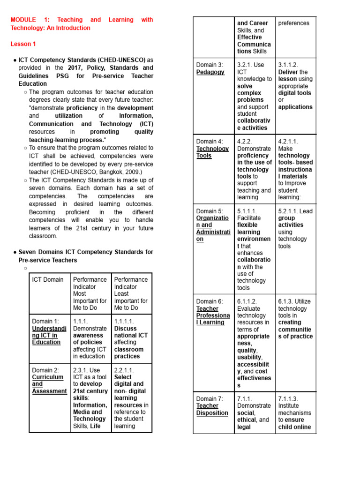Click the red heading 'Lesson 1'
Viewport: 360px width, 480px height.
[x=23, y=44]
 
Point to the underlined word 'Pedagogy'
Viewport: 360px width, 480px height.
[x=210, y=72]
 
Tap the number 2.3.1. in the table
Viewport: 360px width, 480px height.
[x=82, y=370]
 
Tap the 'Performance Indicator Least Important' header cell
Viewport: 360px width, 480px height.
[x=131, y=293]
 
